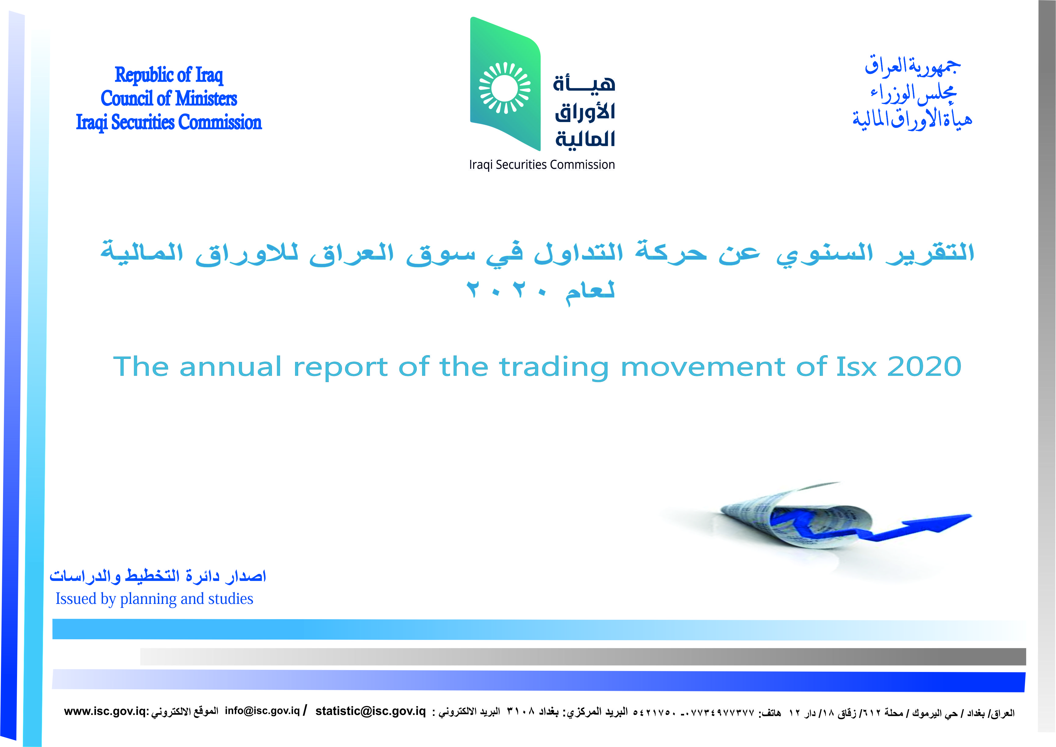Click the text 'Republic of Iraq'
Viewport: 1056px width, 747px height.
pos(169,75)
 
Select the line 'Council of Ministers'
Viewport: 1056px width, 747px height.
pos(169,98)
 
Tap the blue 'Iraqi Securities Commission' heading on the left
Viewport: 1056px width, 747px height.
pos(169,122)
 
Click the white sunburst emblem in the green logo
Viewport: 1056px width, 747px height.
pos(505,88)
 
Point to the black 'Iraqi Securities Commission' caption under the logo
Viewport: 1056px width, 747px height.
pos(542,165)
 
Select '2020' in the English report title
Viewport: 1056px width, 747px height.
pos(924,366)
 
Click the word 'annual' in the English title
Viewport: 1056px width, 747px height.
pos(230,367)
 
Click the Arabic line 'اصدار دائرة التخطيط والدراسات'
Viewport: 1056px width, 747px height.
pos(158,575)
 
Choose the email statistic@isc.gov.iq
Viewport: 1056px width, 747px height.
pos(371,711)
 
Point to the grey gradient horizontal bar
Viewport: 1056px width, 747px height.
pos(583,656)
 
